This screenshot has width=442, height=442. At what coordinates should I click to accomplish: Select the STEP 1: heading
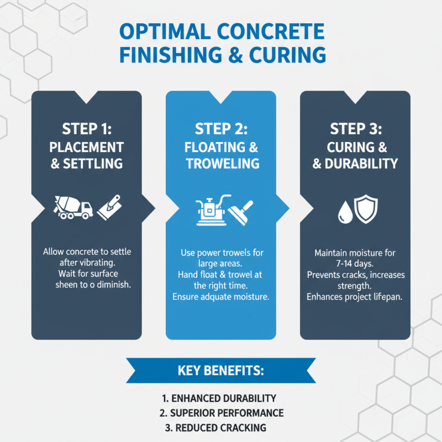[86, 129]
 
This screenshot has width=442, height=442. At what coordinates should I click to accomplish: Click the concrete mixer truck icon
[73, 207]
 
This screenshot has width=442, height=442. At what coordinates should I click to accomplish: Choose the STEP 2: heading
[221, 129]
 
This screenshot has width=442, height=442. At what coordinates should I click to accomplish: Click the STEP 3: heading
[355, 129]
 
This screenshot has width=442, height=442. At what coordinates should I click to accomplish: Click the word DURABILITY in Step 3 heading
[362, 164]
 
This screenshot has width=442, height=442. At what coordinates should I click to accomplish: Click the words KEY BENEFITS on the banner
[221, 370]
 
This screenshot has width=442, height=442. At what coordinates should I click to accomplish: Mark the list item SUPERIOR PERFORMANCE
[221, 413]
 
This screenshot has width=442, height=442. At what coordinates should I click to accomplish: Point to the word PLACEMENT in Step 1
[86, 147]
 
